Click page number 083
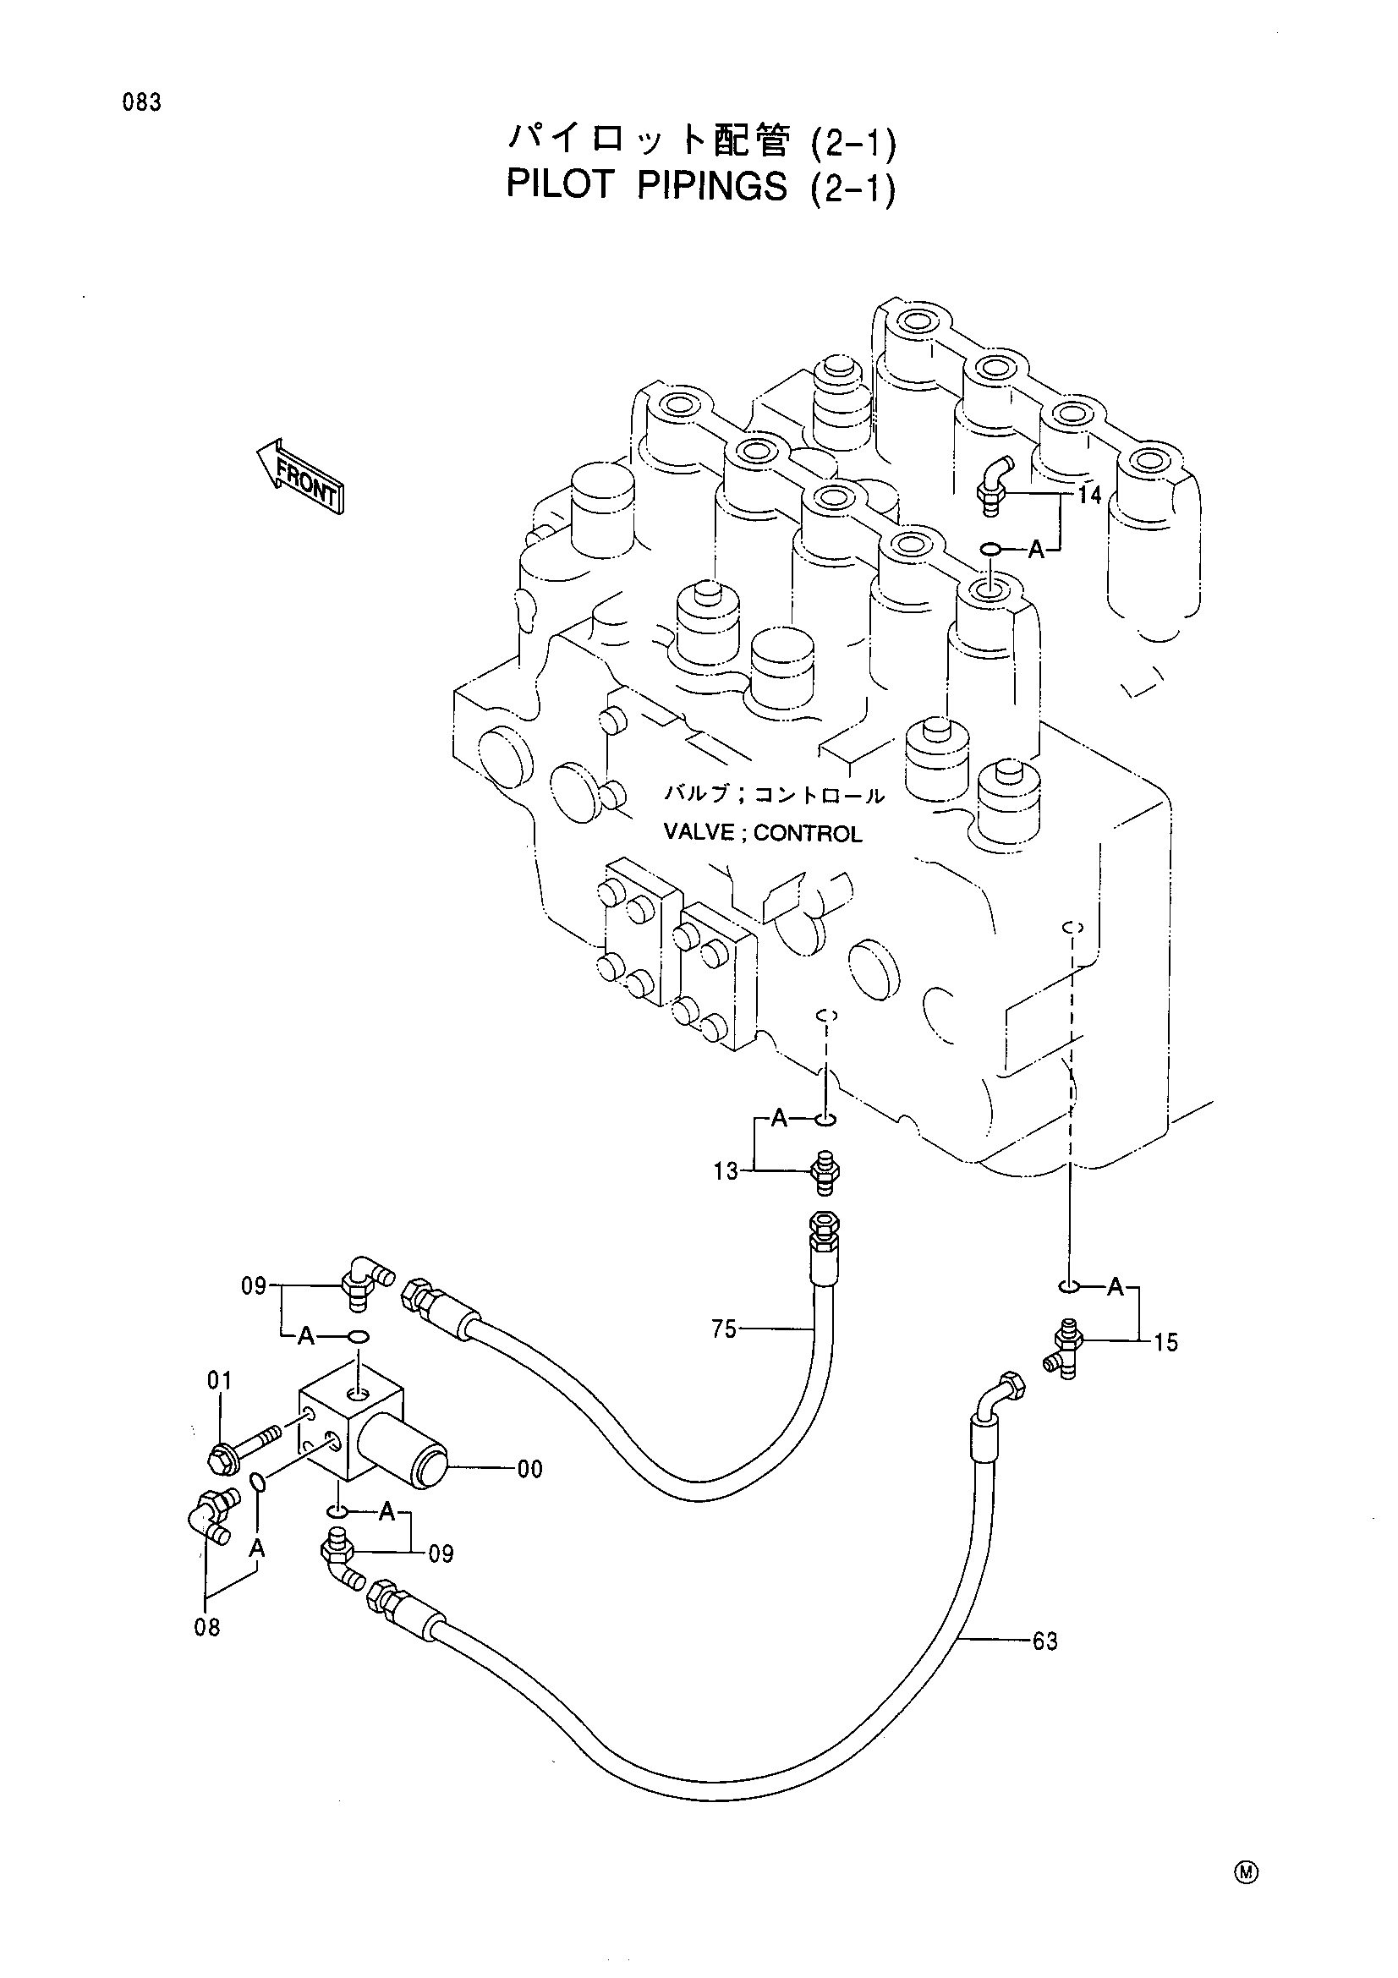click(141, 102)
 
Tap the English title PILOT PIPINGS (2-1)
click(701, 187)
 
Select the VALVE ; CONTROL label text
click(762, 833)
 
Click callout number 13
click(726, 1171)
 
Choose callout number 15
click(1165, 1342)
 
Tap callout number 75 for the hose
click(725, 1329)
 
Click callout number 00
click(530, 1469)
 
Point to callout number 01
click(220, 1382)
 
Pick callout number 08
click(207, 1627)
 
